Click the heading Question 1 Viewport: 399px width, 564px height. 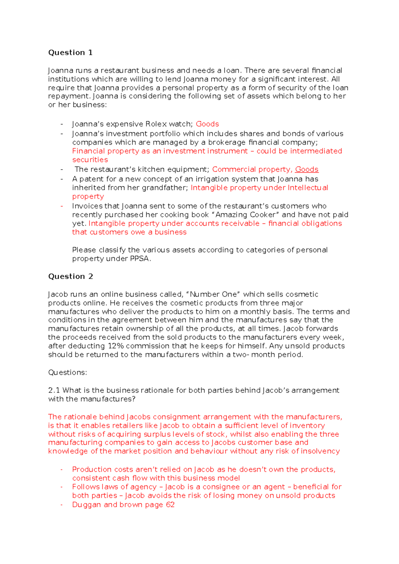click(x=70, y=53)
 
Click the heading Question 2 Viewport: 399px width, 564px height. click(x=70, y=276)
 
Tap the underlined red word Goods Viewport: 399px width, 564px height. click(x=307, y=169)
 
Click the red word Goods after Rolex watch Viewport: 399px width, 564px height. click(x=207, y=124)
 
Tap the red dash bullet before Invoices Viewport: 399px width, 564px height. click(x=62, y=206)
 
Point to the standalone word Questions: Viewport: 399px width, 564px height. click(x=67, y=372)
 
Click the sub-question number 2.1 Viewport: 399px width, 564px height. click(x=54, y=390)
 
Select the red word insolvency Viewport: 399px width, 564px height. click(x=320, y=451)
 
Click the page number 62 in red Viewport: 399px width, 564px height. click(x=170, y=504)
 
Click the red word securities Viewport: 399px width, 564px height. click(x=90, y=160)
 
